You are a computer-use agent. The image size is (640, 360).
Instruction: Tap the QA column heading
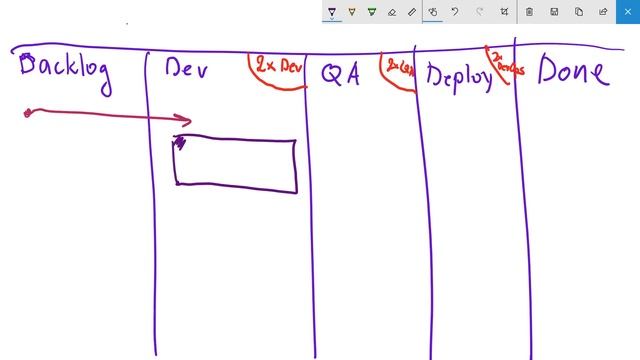340,75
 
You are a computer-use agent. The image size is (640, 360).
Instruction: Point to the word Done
572,72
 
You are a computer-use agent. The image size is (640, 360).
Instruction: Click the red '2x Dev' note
278,67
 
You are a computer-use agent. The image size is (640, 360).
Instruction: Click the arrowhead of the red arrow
184,121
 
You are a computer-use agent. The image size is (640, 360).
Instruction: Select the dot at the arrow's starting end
28,113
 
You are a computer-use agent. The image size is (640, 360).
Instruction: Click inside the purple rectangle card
236,163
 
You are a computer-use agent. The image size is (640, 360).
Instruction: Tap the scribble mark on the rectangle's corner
180,143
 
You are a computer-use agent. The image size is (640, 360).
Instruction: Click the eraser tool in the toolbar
391,12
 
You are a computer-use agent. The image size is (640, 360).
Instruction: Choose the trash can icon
529,12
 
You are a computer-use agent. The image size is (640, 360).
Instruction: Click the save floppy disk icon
554,12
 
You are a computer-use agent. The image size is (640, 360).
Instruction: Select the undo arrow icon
455,12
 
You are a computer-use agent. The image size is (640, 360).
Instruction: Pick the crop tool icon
503,12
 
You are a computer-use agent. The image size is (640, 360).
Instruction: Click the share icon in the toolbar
603,12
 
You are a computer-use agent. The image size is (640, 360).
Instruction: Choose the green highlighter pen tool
371,12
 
